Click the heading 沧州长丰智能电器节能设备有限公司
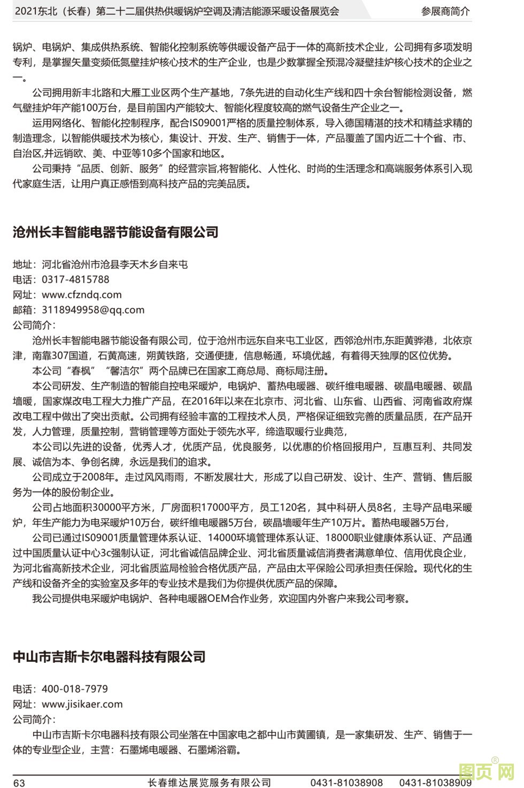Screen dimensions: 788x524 pos(115,233)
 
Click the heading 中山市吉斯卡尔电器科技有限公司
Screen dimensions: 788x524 pos(109,657)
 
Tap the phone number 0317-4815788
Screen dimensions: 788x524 pos(75,280)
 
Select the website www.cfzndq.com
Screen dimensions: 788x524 pos(82,295)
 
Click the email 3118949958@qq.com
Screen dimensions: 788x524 pos(93,310)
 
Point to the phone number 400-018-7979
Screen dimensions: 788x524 pos(75,689)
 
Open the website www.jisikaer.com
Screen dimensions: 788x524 pos(82,705)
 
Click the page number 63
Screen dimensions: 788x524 pos(19,783)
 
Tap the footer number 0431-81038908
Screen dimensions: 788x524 pos(346,783)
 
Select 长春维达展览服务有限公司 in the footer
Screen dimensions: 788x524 pos(210,783)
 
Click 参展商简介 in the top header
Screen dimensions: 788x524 pos(445,11)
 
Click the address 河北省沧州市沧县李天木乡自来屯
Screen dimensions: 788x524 pos(115,265)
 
